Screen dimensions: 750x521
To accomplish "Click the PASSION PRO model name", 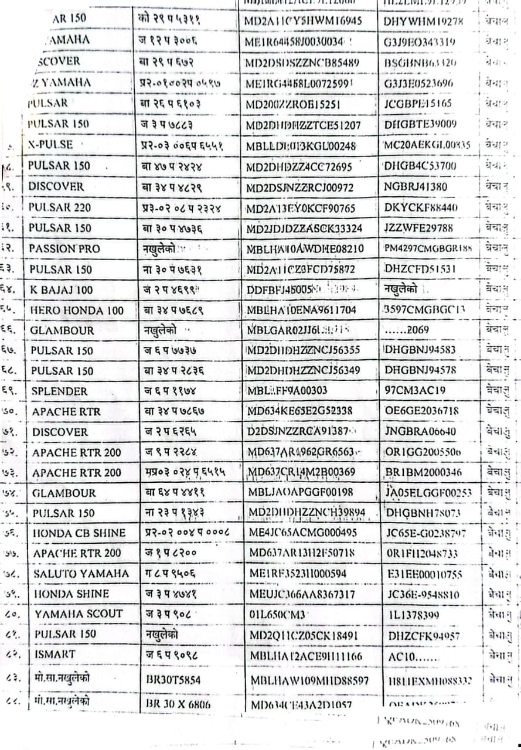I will (64, 248).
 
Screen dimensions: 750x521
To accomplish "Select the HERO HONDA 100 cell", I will (76, 311).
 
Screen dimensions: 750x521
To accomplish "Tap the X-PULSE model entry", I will (50, 145).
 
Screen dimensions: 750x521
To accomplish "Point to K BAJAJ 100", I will (61, 290).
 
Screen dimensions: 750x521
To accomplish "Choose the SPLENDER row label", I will (59, 391).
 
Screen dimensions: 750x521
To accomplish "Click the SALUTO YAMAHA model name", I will (81, 573).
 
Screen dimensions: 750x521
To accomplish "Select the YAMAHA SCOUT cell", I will (79, 613).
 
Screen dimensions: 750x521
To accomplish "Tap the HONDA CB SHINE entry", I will (79, 533).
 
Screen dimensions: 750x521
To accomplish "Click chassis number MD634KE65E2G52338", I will (300, 411).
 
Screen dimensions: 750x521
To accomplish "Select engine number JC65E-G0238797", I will (426, 533).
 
